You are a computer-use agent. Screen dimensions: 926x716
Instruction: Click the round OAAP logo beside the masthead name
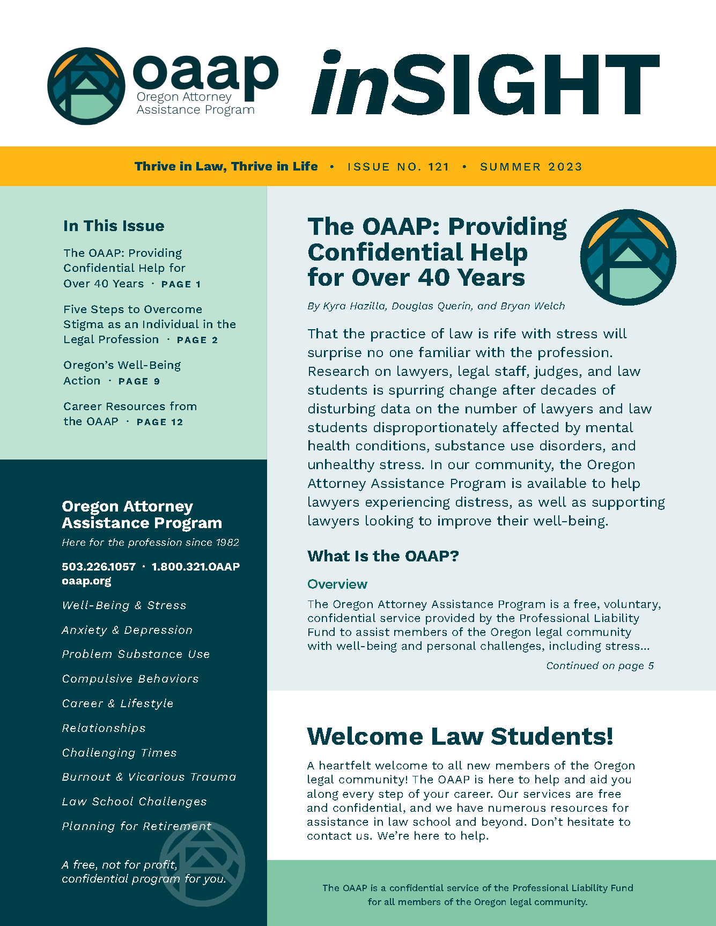pos(86,86)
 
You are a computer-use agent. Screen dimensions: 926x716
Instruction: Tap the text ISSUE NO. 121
pos(398,167)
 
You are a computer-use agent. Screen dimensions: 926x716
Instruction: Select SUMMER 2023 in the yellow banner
pos(531,167)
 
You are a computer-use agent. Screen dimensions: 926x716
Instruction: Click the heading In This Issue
pos(114,226)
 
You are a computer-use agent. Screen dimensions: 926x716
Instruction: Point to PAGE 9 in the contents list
pos(139,381)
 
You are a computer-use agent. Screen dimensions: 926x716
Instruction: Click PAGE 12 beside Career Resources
pos(160,422)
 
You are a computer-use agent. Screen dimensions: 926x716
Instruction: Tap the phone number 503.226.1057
pos(99,567)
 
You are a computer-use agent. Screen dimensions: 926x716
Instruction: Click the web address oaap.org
pos(86,581)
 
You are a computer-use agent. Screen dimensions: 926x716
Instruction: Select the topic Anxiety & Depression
pos(127,630)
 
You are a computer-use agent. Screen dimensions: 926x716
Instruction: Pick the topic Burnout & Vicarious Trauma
pos(149,777)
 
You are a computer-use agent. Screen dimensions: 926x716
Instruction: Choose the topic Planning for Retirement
pos(137,826)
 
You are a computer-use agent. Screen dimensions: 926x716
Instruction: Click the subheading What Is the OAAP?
pos(383,556)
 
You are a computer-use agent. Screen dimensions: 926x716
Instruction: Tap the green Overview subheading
pos(337,584)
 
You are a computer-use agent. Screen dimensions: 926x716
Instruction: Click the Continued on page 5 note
pos(600,666)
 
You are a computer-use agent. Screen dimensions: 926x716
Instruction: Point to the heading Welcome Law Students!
pos(460,736)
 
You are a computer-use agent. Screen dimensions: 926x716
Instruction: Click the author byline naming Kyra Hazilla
pos(436,306)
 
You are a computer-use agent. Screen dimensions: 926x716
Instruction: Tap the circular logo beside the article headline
pos(628,257)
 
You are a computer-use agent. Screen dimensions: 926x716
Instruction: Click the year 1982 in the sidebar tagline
pos(227,543)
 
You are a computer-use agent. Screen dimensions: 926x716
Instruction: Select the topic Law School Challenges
pos(134,802)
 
